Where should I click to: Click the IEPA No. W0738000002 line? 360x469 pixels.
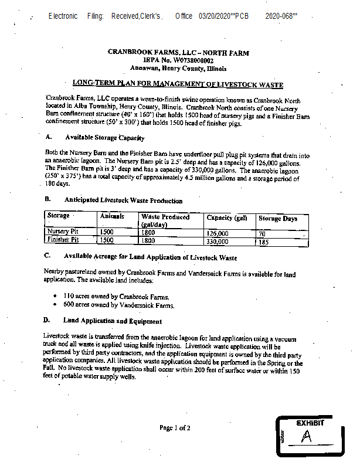178,60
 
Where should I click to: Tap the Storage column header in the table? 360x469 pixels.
59,216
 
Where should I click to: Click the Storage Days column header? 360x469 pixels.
278,219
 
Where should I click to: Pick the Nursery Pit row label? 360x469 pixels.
63,232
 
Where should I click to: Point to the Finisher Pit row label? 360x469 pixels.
63,240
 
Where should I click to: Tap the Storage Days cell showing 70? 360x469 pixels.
262,233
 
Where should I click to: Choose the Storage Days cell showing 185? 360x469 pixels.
264,241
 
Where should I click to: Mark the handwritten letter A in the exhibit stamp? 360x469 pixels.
305,437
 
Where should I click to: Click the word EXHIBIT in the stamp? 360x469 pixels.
310,423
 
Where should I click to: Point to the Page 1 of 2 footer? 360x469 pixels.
175,428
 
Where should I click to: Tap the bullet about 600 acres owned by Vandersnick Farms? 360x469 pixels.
119,305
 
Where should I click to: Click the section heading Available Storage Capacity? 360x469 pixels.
104,138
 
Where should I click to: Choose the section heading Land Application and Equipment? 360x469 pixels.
113,321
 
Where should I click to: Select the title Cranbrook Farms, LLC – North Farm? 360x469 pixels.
178,53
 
